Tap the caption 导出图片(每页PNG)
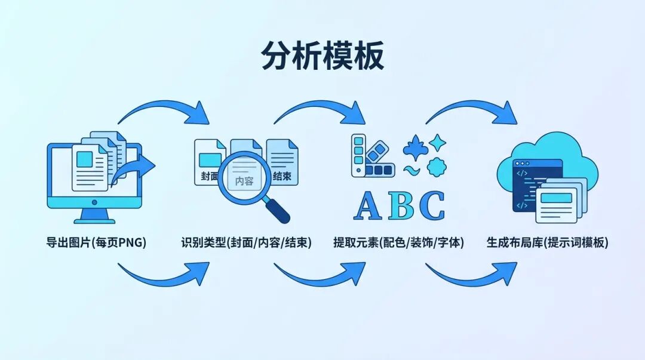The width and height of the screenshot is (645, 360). click(x=96, y=243)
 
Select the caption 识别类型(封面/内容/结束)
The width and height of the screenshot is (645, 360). click(x=246, y=243)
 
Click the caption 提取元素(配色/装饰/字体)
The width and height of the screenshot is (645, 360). click(x=398, y=243)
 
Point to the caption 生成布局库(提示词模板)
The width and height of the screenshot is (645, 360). click(x=547, y=243)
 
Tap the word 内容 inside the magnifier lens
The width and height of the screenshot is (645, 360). click(x=244, y=181)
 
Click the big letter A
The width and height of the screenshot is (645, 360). click(x=368, y=206)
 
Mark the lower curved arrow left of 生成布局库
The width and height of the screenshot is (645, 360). click(x=472, y=275)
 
